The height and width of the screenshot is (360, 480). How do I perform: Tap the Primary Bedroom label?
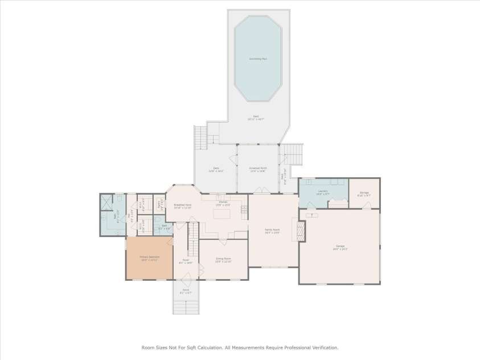(x=150, y=257)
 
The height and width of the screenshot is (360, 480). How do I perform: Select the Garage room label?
(x=340, y=247)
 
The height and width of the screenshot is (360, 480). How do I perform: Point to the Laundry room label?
(x=323, y=192)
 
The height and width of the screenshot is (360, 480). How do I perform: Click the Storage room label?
(x=364, y=193)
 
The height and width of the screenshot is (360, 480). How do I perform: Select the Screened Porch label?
(x=257, y=169)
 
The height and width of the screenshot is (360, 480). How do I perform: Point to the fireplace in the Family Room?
(x=302, y=231)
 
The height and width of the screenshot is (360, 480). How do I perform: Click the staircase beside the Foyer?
(x=194, y=239)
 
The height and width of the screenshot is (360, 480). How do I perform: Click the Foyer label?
(x=186, y=261)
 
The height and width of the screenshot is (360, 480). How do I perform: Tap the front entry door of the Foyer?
(x=186, y=280)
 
